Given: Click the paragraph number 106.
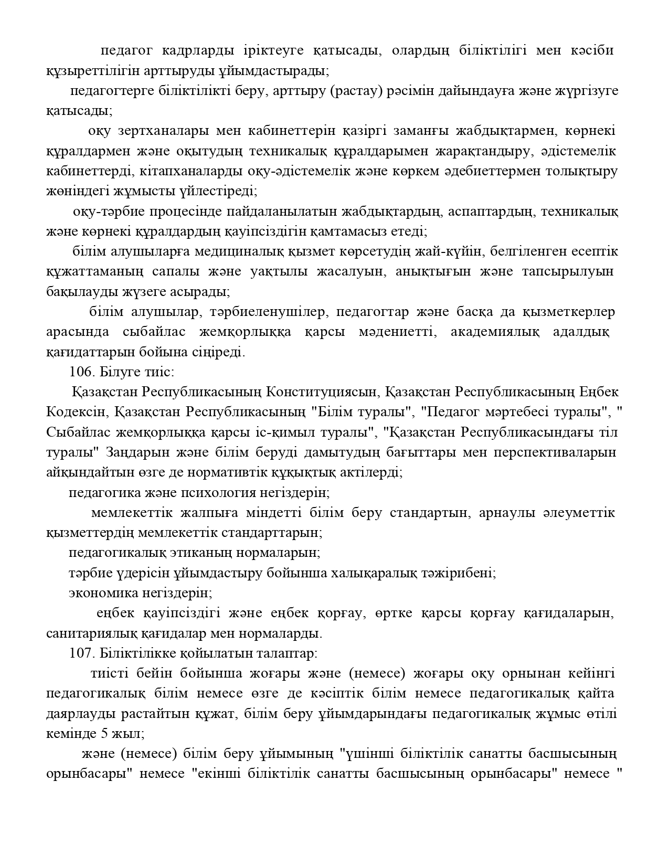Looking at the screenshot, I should point(80,372).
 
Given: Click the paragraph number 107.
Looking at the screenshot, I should point(80,654).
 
